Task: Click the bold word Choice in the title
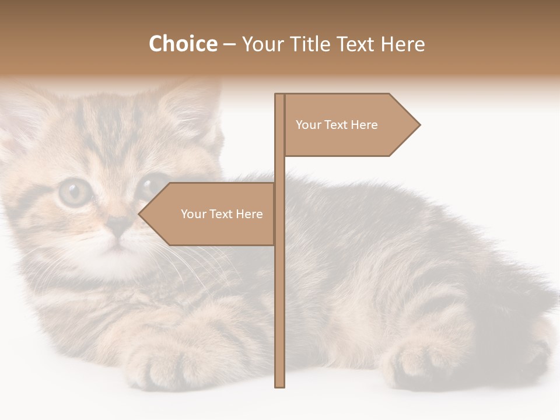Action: tap(183, 44)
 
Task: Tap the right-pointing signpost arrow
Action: tap(350, 125)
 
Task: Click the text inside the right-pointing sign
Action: tap(337, 125)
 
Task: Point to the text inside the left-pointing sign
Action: tap(222, 214)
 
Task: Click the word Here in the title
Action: tap(402, 44)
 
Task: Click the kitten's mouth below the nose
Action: tap(118, 244)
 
